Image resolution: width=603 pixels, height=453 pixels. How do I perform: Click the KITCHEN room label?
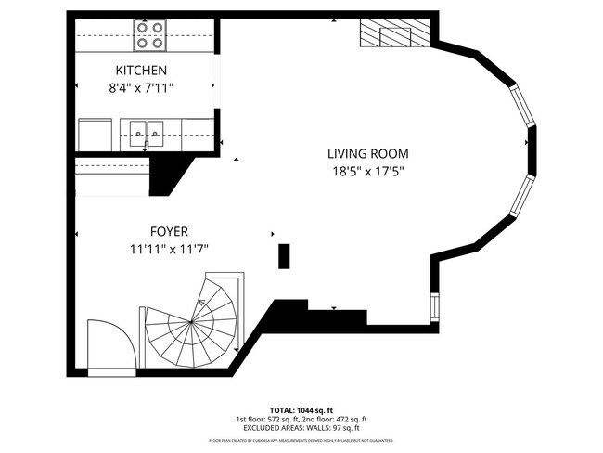click(x=141, y=71)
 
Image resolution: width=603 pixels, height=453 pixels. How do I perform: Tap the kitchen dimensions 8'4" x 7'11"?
click(x=141, y=87)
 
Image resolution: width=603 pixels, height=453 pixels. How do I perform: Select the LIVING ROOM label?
click(x=367, y=154)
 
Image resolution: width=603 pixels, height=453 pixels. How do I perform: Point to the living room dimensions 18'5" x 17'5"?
click(x=367, y=171)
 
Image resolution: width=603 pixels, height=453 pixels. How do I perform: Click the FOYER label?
click(x=170, y=231)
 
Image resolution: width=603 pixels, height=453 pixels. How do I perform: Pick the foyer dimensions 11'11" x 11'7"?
click(x=170, y=249)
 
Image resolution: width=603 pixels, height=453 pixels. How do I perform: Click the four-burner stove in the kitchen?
click(x=149, y=35)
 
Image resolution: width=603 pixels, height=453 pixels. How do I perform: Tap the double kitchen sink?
click(x=147, y=133)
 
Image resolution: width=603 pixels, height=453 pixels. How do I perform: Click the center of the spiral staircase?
click(x=191, y=322)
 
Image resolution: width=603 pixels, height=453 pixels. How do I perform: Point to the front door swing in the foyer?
click(x=110, y=344)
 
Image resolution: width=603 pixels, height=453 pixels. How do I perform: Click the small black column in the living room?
click(x=284, y=255)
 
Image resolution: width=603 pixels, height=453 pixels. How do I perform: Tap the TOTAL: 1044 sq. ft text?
click(x=301, y=409)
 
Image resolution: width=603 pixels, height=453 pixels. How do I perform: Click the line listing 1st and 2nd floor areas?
click(x=301, y=419)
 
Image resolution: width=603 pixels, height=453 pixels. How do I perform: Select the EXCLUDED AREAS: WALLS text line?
click(x=301, y=428)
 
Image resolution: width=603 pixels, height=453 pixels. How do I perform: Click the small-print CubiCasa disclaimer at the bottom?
click(x=301, y=440)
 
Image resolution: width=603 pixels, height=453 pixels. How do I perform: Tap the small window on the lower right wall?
click(x=434, y=306)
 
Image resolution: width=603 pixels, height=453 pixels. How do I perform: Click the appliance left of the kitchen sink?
click(x=95, y=133)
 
